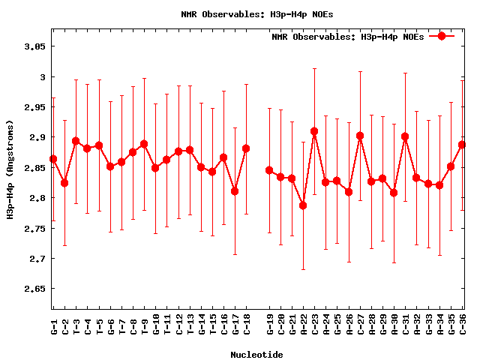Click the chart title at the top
(247, 14)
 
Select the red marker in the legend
(442, 36)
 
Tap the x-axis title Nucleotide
(256, 355)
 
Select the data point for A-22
(303, 205)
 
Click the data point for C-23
(314, 131)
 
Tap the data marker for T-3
(76, 141)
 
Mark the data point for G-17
(235, 191)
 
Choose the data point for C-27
(360, 136)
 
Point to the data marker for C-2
(64, 183)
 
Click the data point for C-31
(405, 136)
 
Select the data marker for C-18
(246, 148)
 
